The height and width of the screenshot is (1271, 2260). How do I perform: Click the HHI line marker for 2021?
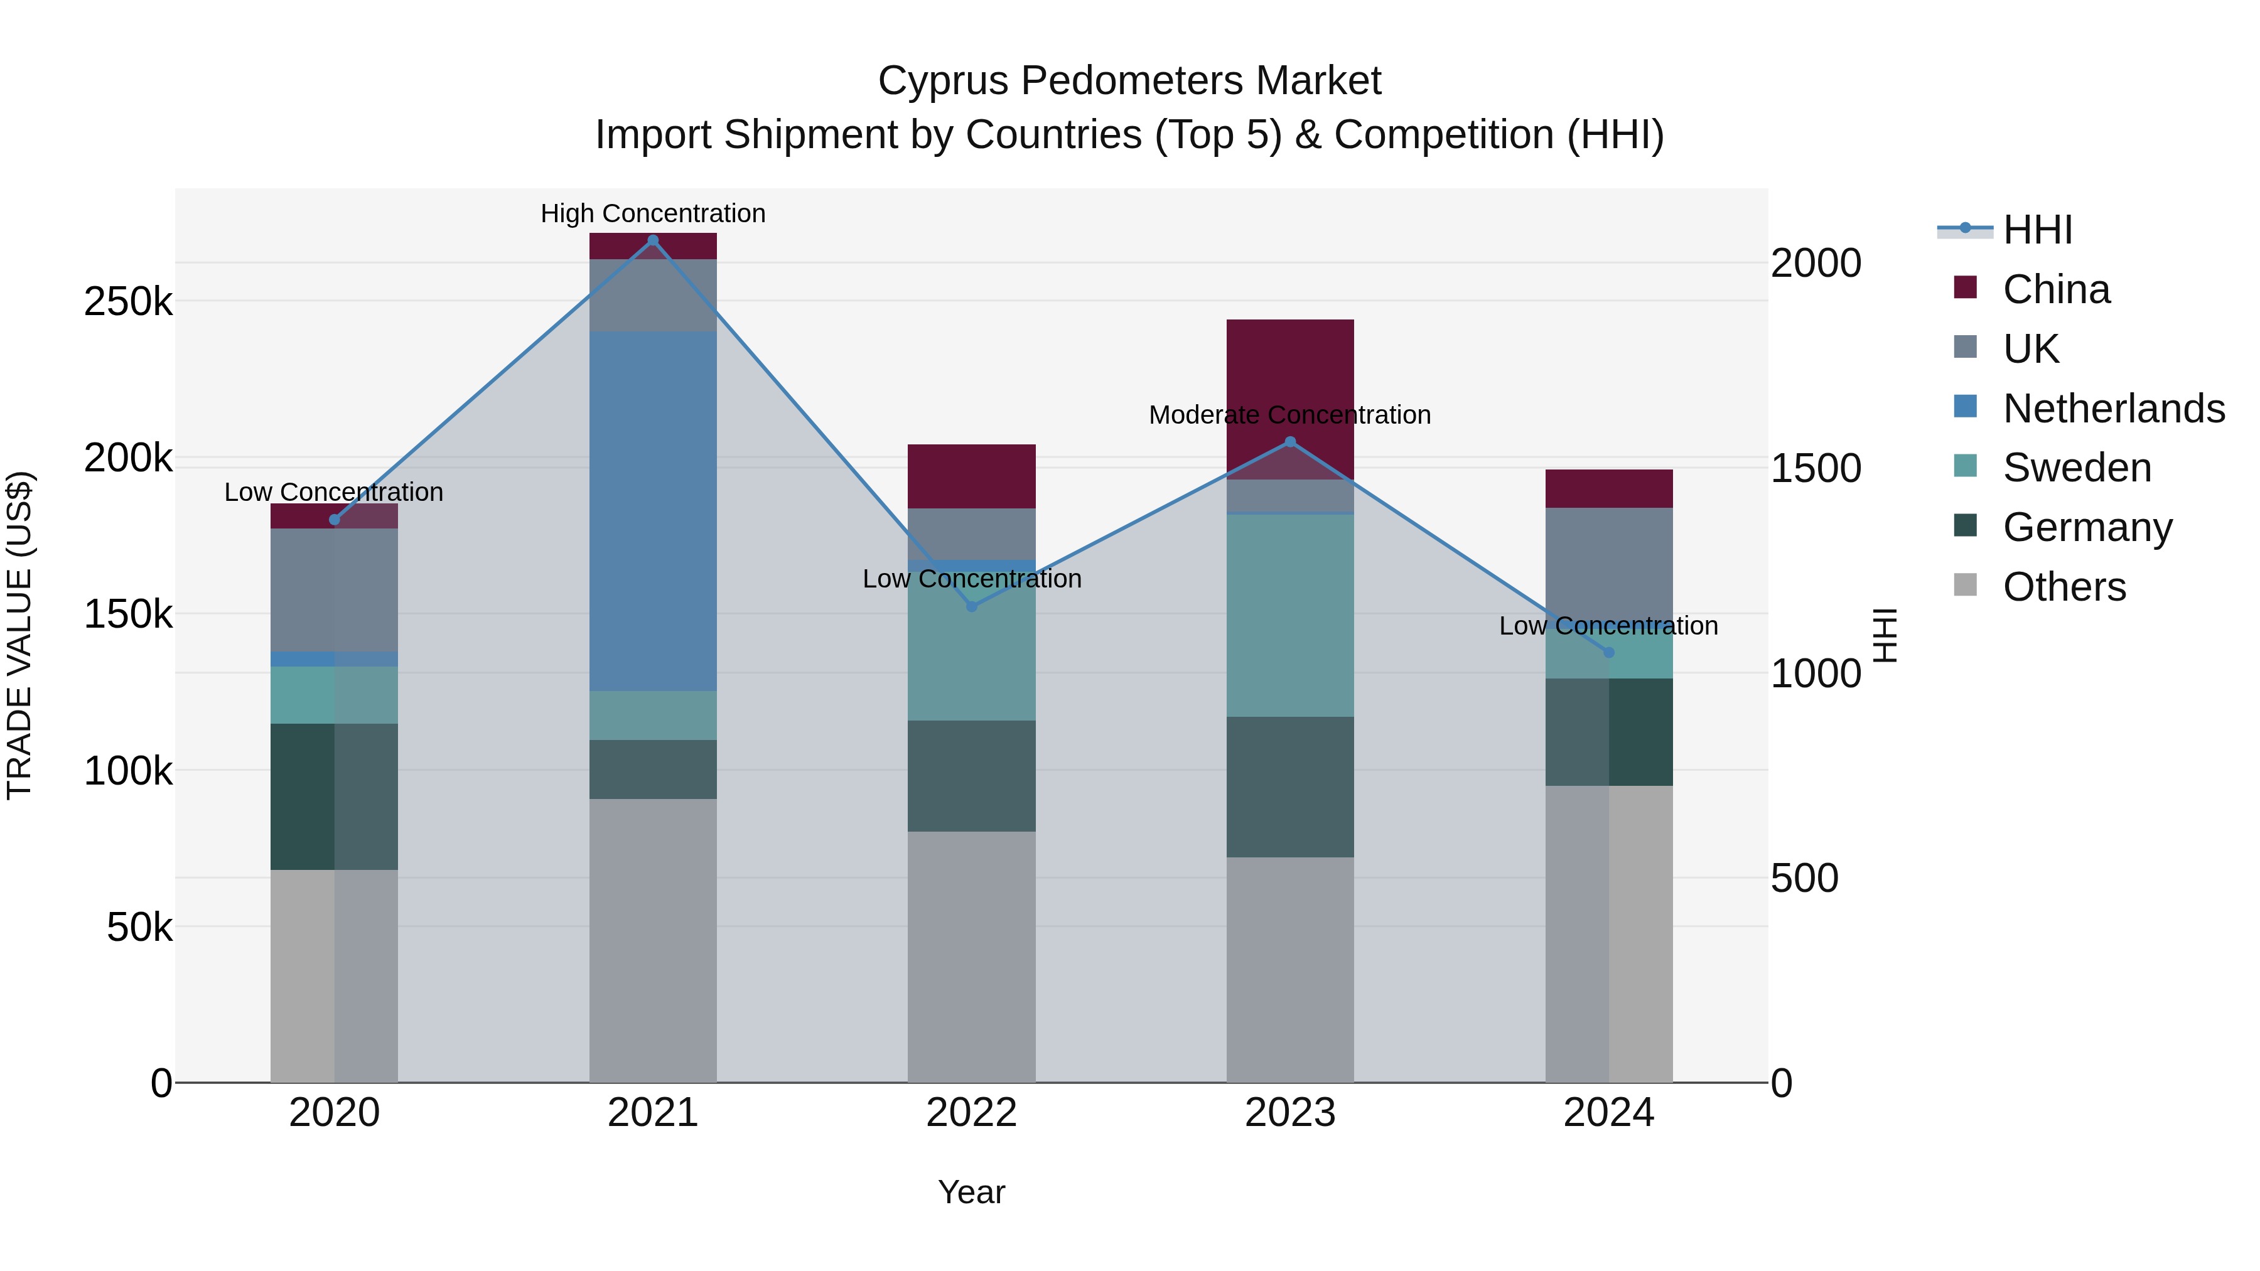(x=653, y=240)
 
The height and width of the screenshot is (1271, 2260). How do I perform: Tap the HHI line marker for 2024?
(x=1608, y=653)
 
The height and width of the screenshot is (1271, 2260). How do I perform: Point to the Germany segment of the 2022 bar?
(x=971, y=775)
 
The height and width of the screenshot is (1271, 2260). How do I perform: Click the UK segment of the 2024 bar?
(x=1608, y=561)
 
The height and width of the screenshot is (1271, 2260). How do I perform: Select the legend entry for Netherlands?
(x=2114, y=409)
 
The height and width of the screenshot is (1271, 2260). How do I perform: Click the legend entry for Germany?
(x=2087, y=527)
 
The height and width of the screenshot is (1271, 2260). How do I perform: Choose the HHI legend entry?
(x=2037, y=230)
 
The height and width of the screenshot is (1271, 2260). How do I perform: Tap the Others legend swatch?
(x=1965, y=585)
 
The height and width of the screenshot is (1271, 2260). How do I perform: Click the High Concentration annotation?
(x=653, y=213)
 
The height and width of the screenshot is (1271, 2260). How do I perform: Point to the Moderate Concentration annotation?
(x=1289, y=415)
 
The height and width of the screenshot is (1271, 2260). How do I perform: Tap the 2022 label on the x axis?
(x=971, y=1113)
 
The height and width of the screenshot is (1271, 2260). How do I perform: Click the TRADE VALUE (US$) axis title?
(x=19, y=635)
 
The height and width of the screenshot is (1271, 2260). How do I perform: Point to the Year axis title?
(x=971, y=1192)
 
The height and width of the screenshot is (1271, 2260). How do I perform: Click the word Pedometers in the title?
(x=1129, y=81)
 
